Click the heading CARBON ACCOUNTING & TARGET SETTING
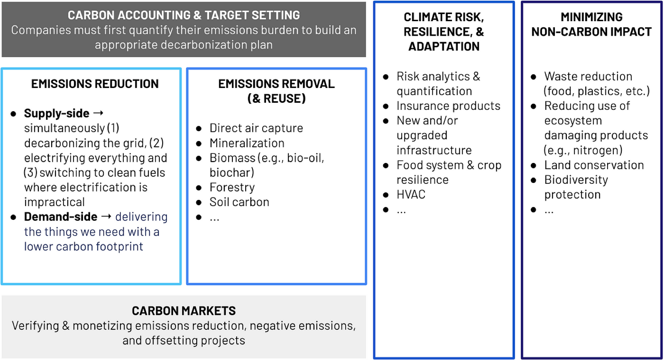(184, 15)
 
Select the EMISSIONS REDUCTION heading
(95, 84)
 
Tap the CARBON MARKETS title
(184, 311)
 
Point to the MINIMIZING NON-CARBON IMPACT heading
(591, 24)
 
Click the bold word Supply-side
(56, 113)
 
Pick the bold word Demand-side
(61, 217)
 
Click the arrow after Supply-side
(98, 113)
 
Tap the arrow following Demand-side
(106, 216)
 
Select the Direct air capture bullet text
(256, 128)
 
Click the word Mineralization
(247, 143)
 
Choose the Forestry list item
(232, 187)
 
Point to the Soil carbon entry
(239, 202)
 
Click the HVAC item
(411, 195)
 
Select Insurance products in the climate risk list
(449, 106)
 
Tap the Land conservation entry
(594, 165)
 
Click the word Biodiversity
(576, 180)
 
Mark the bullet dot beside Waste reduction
(534, 77)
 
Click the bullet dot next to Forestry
(199, 188)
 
